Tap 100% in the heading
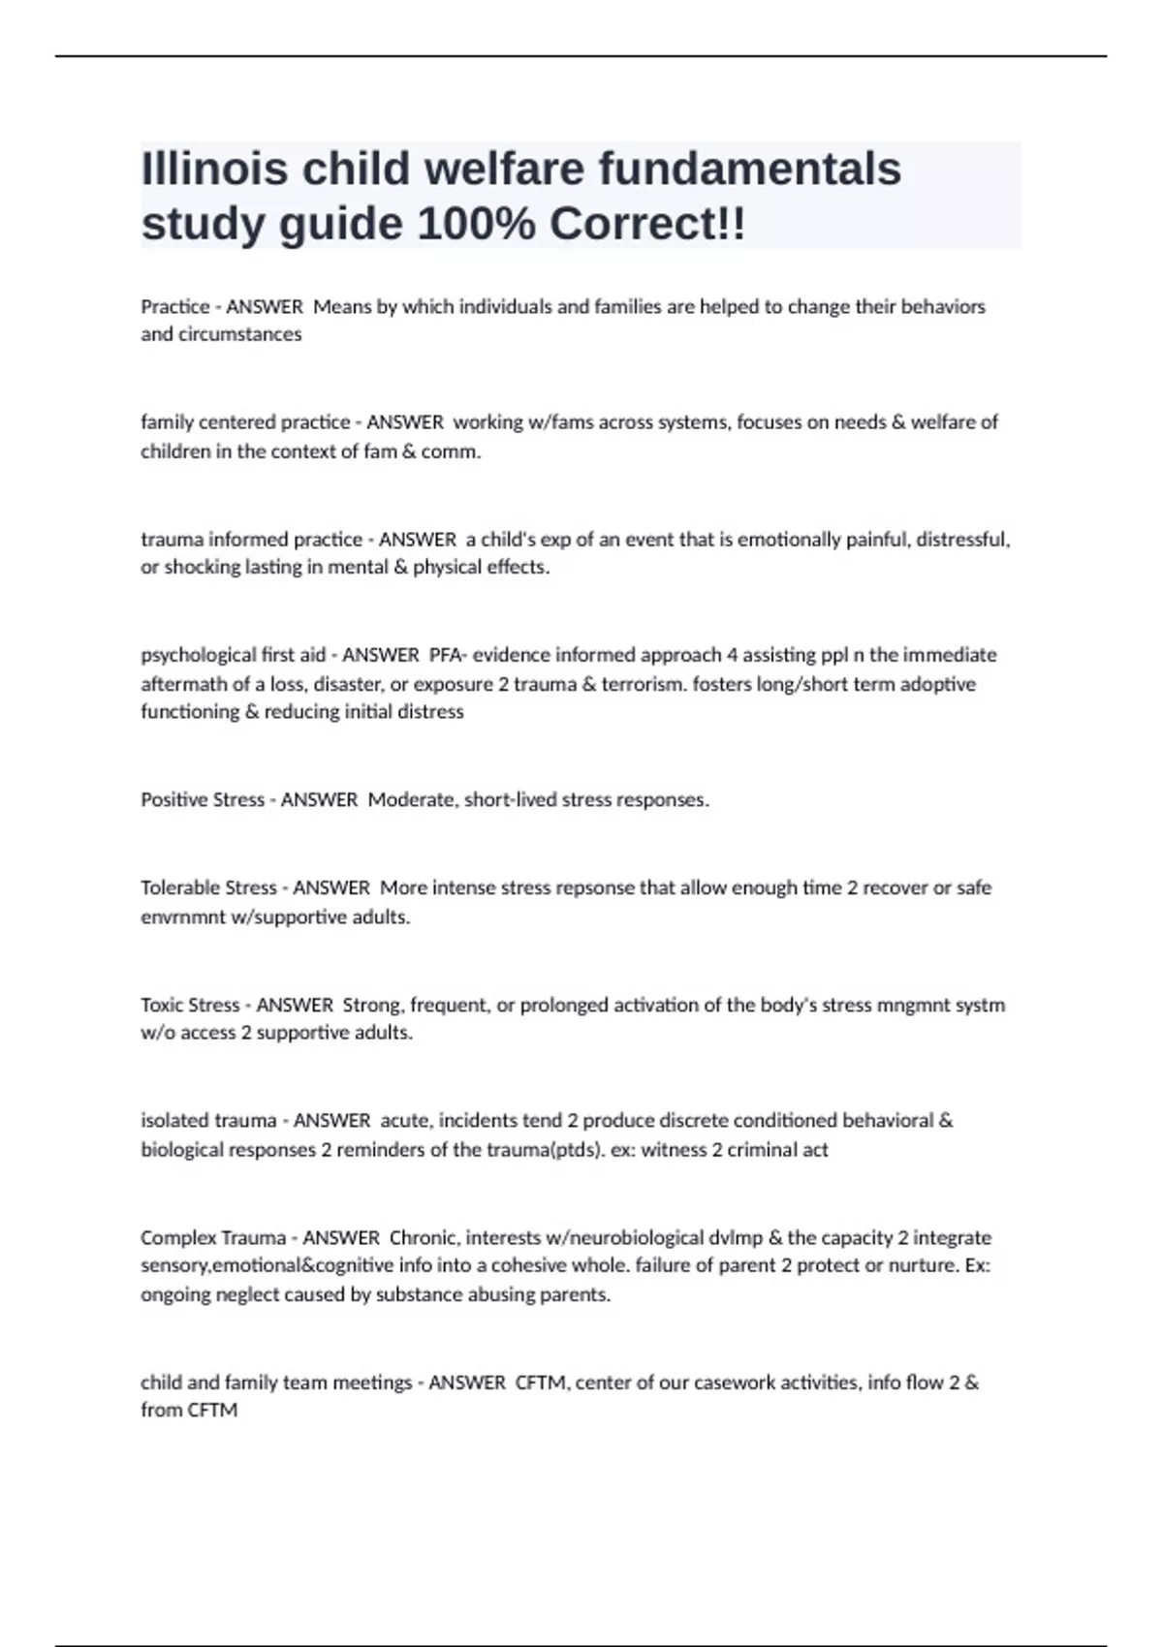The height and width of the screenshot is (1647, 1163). point(475,225)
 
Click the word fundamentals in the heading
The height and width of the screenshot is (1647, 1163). point(749,169)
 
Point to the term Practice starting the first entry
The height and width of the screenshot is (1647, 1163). point(175,307)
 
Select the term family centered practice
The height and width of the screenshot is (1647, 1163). point(245,422)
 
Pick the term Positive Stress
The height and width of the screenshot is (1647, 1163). point(203,800)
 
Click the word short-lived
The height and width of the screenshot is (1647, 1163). point(510,800)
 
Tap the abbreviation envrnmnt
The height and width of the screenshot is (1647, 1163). point(182,917)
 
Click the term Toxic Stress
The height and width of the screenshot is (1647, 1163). point(190,1005)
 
